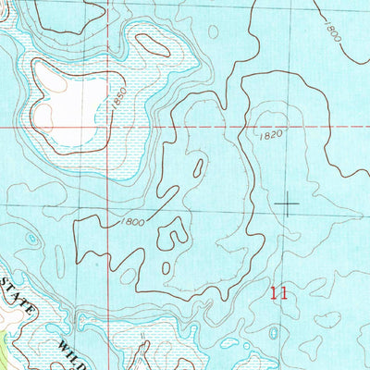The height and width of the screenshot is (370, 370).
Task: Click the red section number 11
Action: click(x=280, y=294)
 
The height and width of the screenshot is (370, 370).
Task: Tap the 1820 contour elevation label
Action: click(x=267, y=135)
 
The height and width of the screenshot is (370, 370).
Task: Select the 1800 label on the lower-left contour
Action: click(x=132, y=222)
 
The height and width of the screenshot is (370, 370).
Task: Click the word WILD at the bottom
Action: click(x=78, y=348)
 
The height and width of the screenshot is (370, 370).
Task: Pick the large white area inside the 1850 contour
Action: click(x=69, y=102)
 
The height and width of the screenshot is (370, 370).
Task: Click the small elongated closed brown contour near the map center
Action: click(x=196, y=168)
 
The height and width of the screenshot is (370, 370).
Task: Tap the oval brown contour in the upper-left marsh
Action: click(x=151, y=43)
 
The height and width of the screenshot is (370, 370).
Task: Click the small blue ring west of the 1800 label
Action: click(x=31, y=239)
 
